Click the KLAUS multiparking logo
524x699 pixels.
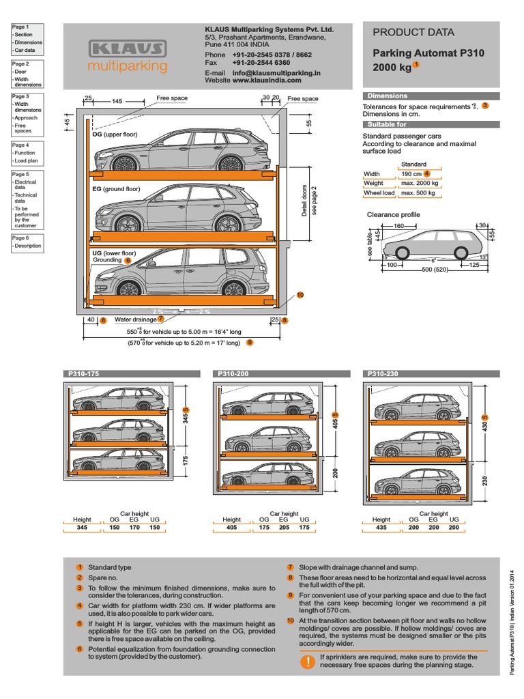(128, 55)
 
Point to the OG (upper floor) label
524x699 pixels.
(115, 134)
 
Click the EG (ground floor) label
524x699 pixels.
(116, 189)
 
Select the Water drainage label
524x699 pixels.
(135, 319)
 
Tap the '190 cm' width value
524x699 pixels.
(411, 174)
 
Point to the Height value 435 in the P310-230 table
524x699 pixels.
(381, 528)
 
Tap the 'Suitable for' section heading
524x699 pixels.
(387, 125)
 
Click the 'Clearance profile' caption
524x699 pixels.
(394, 215)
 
